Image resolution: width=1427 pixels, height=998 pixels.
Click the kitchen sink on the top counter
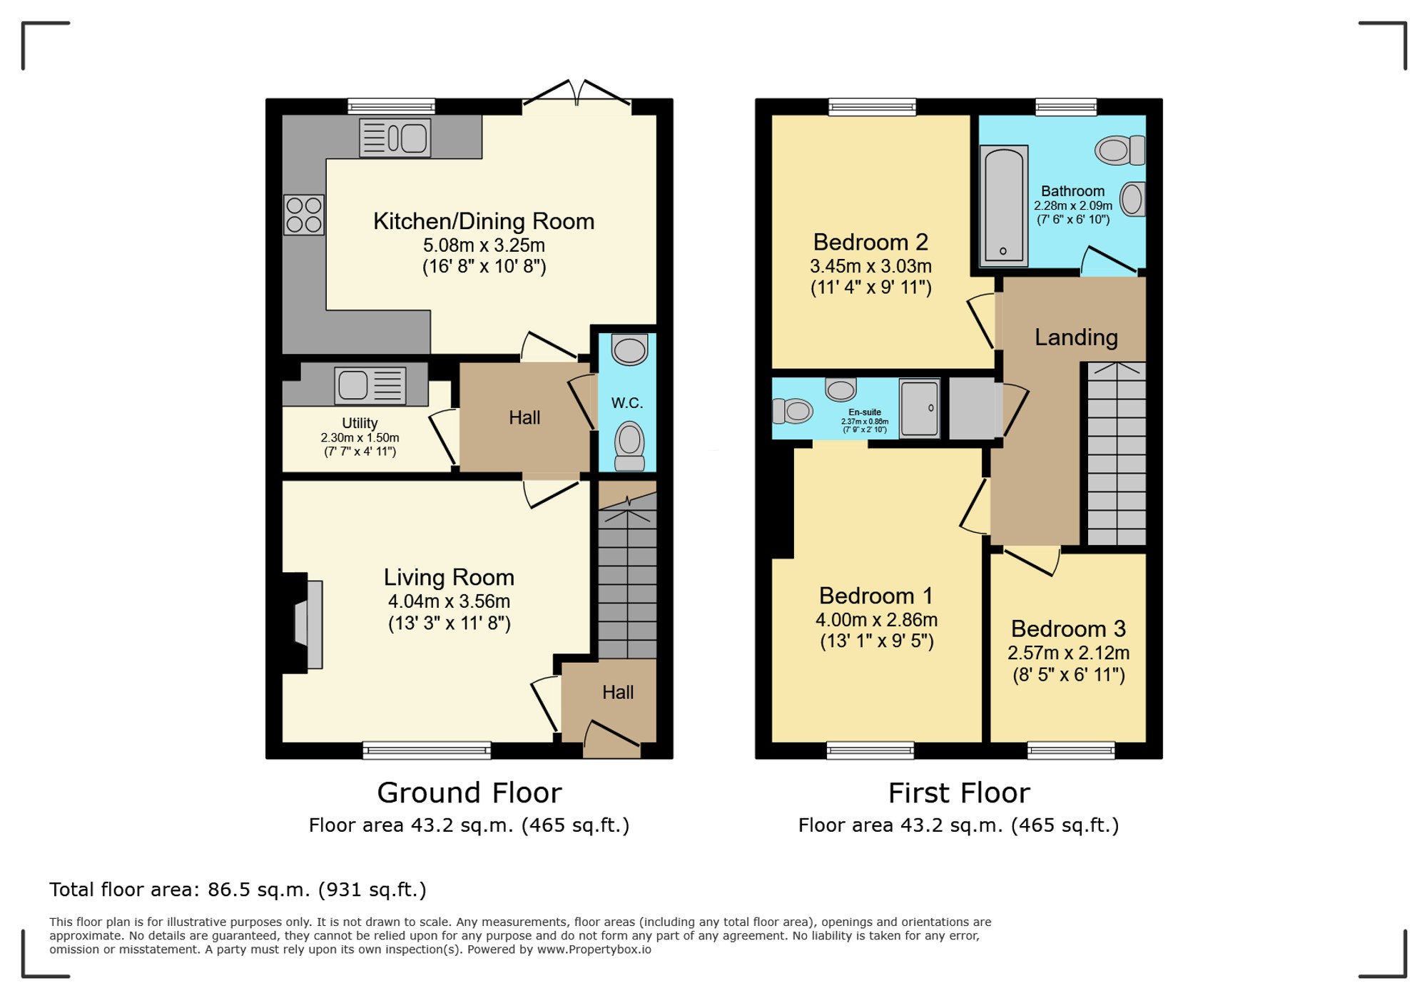tap(395, 138)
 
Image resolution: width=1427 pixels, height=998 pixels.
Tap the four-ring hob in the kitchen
tap(304, 215)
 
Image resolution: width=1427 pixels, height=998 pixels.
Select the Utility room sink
tap(370, 385)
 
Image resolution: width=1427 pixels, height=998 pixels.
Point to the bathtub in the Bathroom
tap(1004, 205)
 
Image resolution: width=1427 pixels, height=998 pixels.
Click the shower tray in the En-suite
tap(919, 407)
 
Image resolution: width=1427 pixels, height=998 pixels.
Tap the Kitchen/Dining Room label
tap(484, 221)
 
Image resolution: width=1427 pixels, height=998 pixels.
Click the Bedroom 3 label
tap(1068, 628)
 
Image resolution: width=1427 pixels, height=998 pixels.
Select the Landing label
tap(1076, 337)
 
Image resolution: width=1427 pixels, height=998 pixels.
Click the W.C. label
tap(627, 403)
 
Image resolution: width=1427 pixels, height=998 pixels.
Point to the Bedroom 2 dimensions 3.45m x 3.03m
tap(870, 266)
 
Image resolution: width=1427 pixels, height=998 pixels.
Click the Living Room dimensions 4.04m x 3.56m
tap(449, 601)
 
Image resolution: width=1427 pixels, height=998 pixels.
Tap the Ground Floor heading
tap(469, 793)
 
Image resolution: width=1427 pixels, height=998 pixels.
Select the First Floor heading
tap(959, 793)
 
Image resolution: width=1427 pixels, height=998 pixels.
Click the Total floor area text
tap(238, 890)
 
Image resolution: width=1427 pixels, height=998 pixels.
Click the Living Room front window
tap(427, 750)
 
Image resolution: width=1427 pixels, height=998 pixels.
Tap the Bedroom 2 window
tap(872, 107)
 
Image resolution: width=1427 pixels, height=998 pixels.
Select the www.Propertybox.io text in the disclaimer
tap(594, 949)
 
